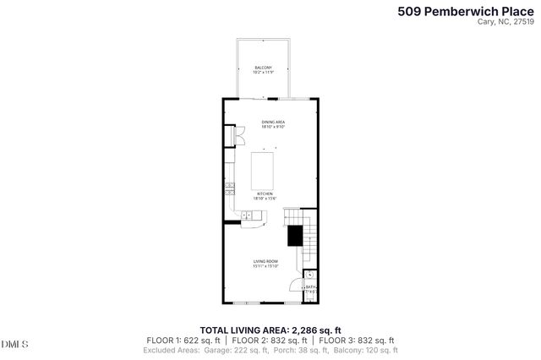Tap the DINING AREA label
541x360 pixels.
pos(272,124)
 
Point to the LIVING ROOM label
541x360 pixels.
pos(265,263)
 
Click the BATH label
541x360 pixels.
pos(310,287)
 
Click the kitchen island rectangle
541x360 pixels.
pos(264,169)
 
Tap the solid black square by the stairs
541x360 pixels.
pos(294,236)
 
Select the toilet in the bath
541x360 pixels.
pos(310,275)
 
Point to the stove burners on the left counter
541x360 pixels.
pos(228,188)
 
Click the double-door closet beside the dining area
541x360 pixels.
pos(228,138)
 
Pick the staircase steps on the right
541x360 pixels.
pos(310,241)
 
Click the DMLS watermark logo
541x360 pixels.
pos(15,344)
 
